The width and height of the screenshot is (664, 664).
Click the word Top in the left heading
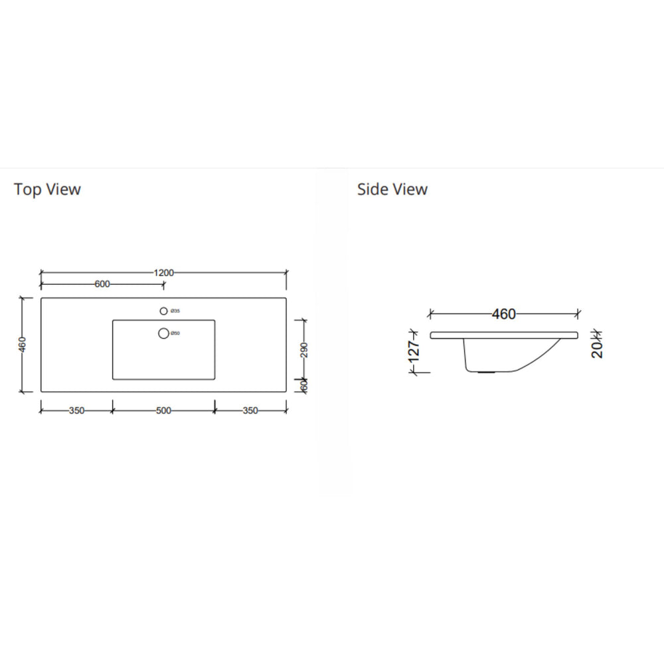26,189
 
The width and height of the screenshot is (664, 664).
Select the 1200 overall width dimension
164,272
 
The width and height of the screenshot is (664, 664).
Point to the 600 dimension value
102,284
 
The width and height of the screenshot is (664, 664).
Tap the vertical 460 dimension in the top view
23,345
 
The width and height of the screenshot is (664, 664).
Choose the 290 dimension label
304,350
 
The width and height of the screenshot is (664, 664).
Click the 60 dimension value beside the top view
304,385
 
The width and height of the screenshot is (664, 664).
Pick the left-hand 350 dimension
76,410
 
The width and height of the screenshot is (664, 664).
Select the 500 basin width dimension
163,410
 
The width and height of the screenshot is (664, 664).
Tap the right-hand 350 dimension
250,410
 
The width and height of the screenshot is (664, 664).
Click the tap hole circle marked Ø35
163,311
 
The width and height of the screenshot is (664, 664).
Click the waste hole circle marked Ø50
163,333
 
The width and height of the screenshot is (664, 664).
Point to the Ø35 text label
175,311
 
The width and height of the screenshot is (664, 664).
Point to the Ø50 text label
175,333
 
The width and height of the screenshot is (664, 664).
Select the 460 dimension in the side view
504,314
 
